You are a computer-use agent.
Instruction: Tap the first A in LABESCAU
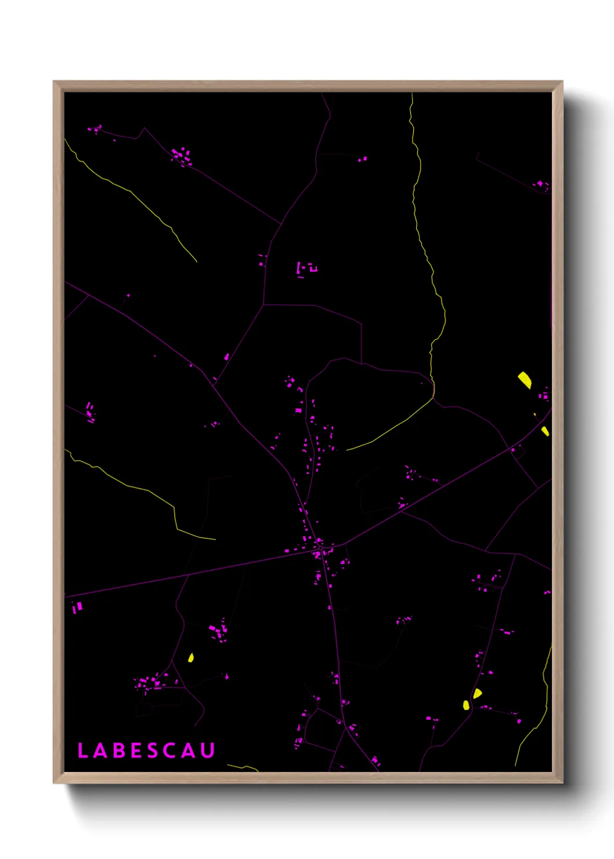coord(99,750)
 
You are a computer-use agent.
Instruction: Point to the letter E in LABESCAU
coord(135,750)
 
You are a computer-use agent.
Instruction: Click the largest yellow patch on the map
coord(525,380)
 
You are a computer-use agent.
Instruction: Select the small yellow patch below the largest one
coord(545,431)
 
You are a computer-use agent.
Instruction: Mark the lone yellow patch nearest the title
coord(190,658)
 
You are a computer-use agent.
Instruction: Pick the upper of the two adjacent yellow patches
coord(477,693)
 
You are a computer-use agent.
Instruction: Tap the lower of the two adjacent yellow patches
coord(466,705)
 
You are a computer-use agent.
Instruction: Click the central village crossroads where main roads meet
coord(320,547)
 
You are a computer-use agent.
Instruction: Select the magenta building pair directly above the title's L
coord(77,607)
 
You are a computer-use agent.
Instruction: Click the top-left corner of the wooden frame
coord(54,82)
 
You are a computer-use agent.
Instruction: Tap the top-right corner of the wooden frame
coord(562,82)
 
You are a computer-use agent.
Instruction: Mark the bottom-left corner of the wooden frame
coord(54,782)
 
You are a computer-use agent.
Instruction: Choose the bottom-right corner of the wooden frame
coord(562,782)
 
